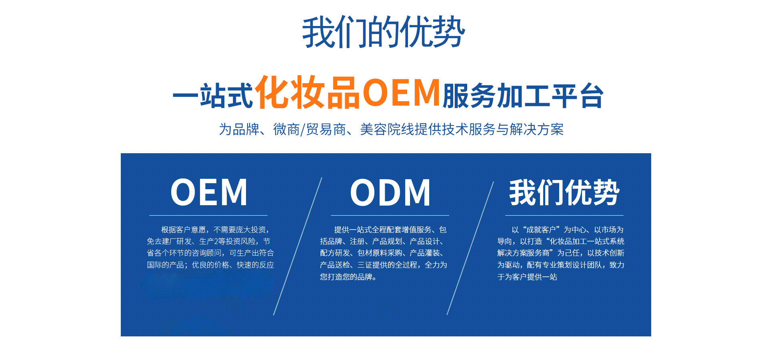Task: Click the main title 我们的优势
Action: pyautogui.click(x=384, y=32)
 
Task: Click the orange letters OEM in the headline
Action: pyautogui.click(x=401, y=92)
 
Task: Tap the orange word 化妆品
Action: pyautogui.click(x=307, y=92)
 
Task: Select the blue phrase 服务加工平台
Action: pyautogui.click(x=523, y=96)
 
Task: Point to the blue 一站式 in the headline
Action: pyautogui.click(x=213, y=96)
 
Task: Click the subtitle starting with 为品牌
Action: pyautogui.click(x=391, y=129)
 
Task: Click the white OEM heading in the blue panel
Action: pyautogui.click(x=209, y=192)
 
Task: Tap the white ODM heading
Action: pyautogui.click(x=390, y=192)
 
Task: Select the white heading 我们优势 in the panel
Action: pyautogui.click(x=564, y=192)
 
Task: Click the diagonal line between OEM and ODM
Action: pyautogui.click(x=298, y=246)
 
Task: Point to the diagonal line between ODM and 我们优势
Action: pyautogui.click(x=470, y=248)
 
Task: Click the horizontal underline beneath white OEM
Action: pyautogui.click(x=208, y=215)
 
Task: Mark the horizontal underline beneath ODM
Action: pyautogui.click(x=390, y=215)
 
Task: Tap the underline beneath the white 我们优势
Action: pyautogui.click(x=564, y=215)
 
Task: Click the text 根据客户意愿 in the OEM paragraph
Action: pyautogui.click(x=184, y=230)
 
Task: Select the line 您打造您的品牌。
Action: pyautogui.click(x=348, y=277)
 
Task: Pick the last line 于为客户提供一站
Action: pyautogui.click(x=527, y=277)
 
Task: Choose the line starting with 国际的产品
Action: pyautogui.click(x=210, y=265)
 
